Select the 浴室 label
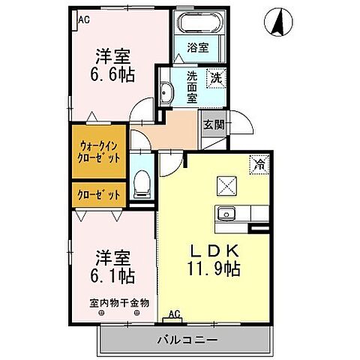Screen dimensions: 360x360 pyautogui.click(x=197, y=47)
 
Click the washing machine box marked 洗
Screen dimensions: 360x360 pyautogui.click(x=215, y=76)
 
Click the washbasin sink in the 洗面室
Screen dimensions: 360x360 pyautogui.click(x=166, y=94)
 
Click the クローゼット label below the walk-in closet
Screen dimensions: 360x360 pyautogui.click(x=98, y=195)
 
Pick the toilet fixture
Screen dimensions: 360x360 pyautogui.click(x=140, y=184)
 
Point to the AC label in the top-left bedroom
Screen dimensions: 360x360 pyautogui.click(x=83, y=20)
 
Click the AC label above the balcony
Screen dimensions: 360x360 pyautogui.click(x=174, y=315)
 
